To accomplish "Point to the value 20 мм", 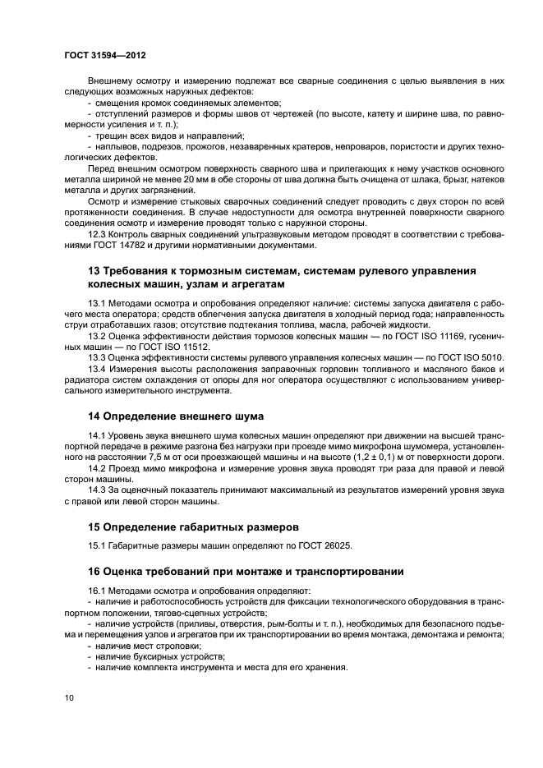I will (x=210, y=178).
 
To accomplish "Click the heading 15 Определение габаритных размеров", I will (x=193, y=527).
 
